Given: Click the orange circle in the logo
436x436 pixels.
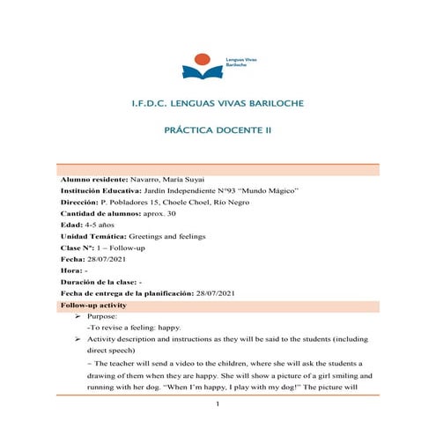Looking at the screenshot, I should click(203, 59).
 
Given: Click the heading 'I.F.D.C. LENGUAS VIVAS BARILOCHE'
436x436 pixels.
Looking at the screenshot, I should click(217, 105).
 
